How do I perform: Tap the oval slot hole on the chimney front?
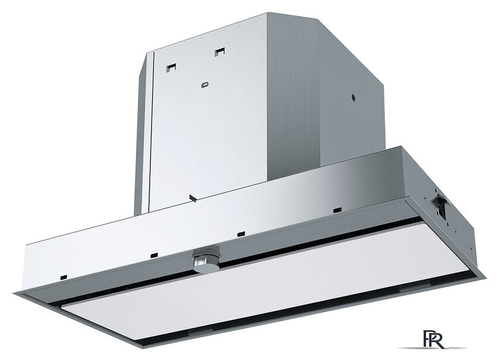pyautogui.click(x=205, y=85)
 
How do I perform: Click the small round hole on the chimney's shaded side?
pyautogui.click(x=353, y=98)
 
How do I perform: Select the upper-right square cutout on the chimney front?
pyautogui.click(x=220, y=52)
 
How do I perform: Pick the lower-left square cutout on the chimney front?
pyautogui.click(x=171, y=67)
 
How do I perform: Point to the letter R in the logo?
pyautogui.click(x=437, y=340)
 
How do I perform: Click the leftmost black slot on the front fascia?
pyautogui.click(x=64, y=277)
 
